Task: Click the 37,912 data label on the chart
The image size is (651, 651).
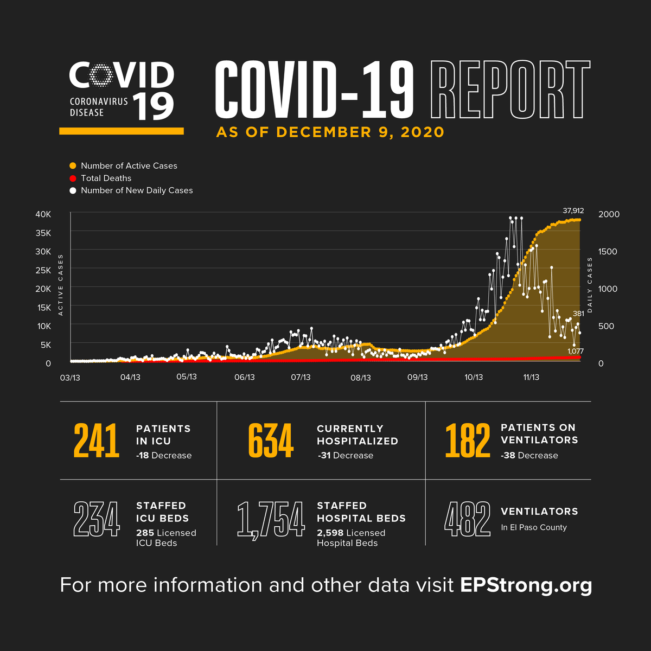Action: click(x=573, y=210)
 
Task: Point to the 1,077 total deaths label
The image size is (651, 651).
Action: click(x=575, y=351)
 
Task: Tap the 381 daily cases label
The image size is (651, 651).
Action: click(x=578, y=313)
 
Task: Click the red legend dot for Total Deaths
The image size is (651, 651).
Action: click(x=73, y=178)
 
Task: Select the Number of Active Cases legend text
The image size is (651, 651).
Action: click(x=129, y=166)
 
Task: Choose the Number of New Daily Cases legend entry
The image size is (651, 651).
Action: click(x=137, y=190)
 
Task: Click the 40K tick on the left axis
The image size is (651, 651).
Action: click(x=43, y=214)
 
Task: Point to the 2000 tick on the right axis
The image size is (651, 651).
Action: click(x=609, y=214)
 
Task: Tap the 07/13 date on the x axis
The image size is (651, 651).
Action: click(x=301, y=377)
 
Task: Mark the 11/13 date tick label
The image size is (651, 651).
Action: click(x=531, y=377)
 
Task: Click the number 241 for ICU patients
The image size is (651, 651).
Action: click(x=97, y=441)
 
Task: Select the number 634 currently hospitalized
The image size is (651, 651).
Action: click(x=271, y=441)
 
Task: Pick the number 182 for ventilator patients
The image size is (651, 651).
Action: click(x=467, y=441)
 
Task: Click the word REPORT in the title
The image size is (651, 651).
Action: click(x=510, y=90)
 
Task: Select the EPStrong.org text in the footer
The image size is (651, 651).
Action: click(x=526, y=585)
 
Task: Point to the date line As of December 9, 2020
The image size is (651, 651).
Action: click(x=330, y=132)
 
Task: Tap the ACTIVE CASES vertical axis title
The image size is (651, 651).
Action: click(x=61, y=285)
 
